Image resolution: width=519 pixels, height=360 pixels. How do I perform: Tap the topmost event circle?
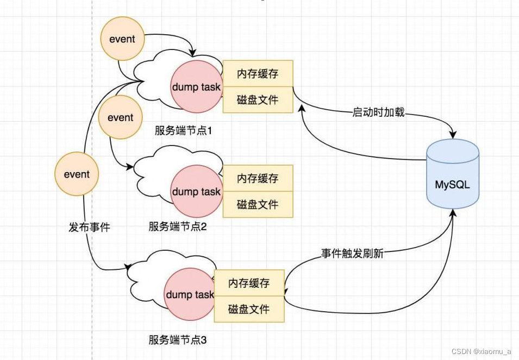[122, 39]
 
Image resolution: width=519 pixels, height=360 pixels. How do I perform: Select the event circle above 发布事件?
[77, 174]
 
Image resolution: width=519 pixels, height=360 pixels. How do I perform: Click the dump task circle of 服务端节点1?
[196, 87]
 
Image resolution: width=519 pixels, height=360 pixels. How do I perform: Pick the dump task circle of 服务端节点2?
[196, 192]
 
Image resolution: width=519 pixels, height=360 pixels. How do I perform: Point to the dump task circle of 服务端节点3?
[189, 295]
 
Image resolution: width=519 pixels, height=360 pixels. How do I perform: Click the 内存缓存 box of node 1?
[258, 73]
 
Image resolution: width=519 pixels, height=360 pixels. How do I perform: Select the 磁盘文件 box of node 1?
[258, 99]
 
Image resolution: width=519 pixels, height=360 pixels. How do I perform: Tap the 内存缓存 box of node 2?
[258, 178]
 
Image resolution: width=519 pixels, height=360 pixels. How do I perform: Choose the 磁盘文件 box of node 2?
[258, 204]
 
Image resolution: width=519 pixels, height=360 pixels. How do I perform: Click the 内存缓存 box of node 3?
[249, 283]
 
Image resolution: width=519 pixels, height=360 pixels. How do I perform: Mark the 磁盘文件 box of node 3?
[249, 309]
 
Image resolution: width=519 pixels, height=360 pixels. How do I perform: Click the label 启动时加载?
[378, 113]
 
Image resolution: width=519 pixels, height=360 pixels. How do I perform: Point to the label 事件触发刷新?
[352, 254]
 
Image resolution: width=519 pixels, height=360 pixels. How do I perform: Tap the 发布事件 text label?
[89, 228]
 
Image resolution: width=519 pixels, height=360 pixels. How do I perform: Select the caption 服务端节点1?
[184, 131]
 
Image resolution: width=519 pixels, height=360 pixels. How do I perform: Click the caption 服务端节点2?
[178, 226]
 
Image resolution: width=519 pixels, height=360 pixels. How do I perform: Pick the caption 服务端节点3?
[178, 340]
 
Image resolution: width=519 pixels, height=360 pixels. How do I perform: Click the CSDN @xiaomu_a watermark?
[481, 351]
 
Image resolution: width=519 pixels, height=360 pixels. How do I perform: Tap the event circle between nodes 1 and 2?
[121, 117]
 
